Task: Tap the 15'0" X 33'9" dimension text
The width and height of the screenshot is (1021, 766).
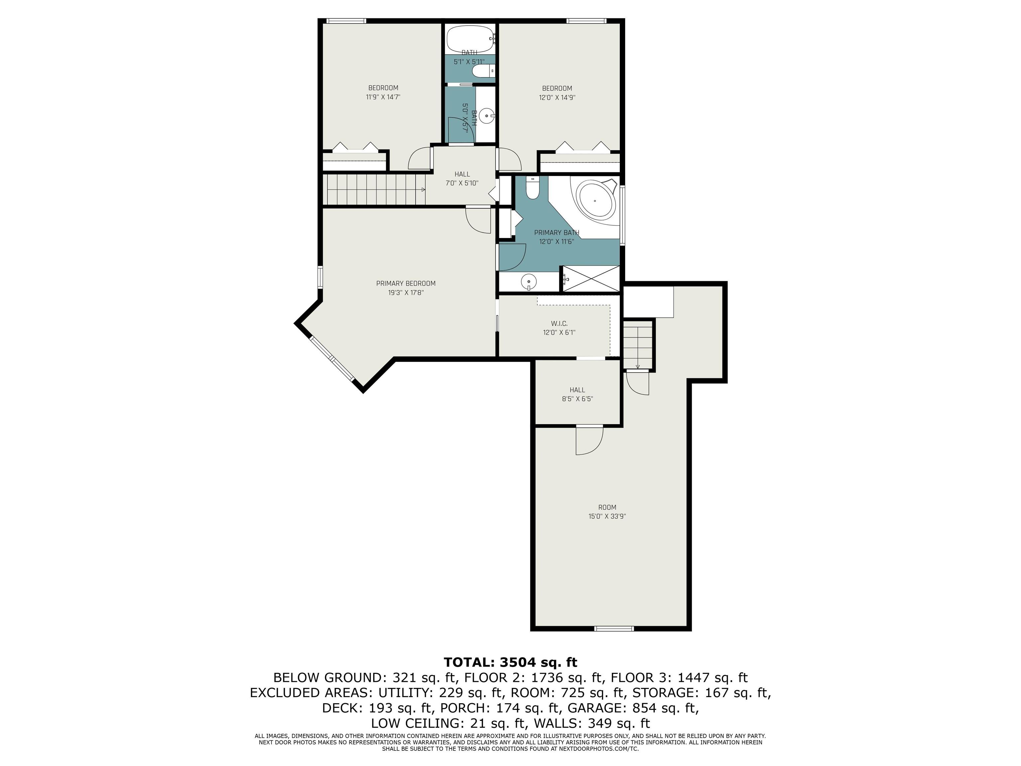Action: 607,517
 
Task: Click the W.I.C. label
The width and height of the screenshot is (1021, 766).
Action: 559,324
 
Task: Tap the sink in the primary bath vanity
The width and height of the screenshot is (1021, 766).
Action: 528,281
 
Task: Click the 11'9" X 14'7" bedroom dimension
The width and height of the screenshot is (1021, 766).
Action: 383,97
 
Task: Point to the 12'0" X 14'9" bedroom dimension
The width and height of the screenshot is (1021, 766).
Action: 557,98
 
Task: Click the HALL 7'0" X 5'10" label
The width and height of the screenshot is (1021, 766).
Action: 462,179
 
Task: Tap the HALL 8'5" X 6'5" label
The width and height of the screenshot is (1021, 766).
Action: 577,394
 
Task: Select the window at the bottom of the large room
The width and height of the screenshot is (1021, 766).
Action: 614,628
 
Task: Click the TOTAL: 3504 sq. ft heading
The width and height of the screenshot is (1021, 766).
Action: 510,662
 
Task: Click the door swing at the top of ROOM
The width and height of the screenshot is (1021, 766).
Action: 589,441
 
